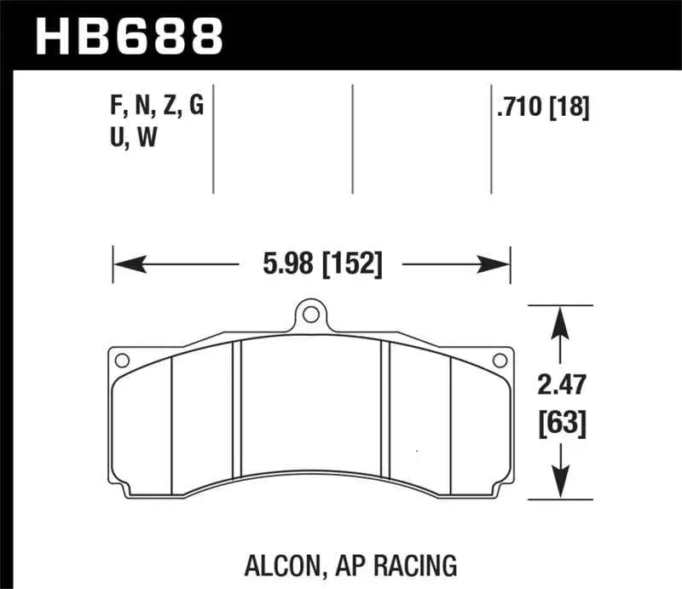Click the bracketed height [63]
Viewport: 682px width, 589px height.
560,422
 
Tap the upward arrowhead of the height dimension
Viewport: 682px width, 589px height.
560,315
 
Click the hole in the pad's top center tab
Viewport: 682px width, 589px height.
311,315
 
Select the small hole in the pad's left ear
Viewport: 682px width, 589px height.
120,359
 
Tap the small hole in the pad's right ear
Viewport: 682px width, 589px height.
501,359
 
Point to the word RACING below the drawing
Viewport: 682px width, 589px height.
417,563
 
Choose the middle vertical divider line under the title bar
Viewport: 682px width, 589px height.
352,138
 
